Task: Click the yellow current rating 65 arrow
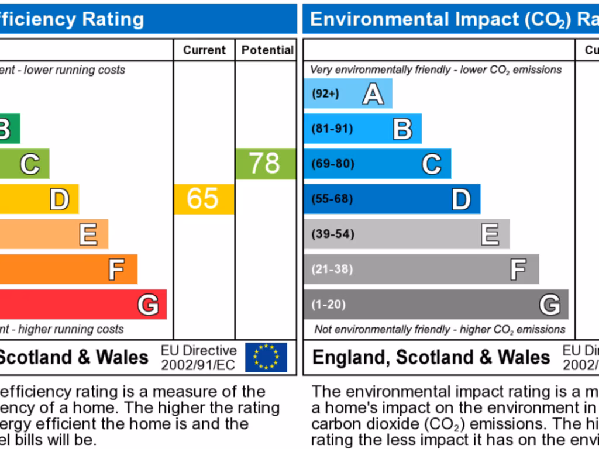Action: [203, 199]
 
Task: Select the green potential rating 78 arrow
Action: [265, 164]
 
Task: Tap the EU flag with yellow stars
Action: [266, 357]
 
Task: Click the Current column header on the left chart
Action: [204, 50]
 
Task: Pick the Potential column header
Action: [267, 50]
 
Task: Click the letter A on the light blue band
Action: [373, 94]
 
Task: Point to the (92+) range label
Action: [325, 94]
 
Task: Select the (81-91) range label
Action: [332, 129]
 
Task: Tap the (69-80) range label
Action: [333, 164]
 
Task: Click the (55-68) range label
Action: [332, 199]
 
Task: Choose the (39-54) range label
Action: [333, 234]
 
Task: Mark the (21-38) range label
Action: [332, 269]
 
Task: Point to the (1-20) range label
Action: [329, 304]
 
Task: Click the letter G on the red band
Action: [148, 305]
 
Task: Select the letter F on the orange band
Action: [116, 270]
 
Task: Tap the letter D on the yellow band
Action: [59, 199]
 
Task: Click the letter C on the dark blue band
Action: [432, 164]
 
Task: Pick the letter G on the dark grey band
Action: [549, 305]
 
